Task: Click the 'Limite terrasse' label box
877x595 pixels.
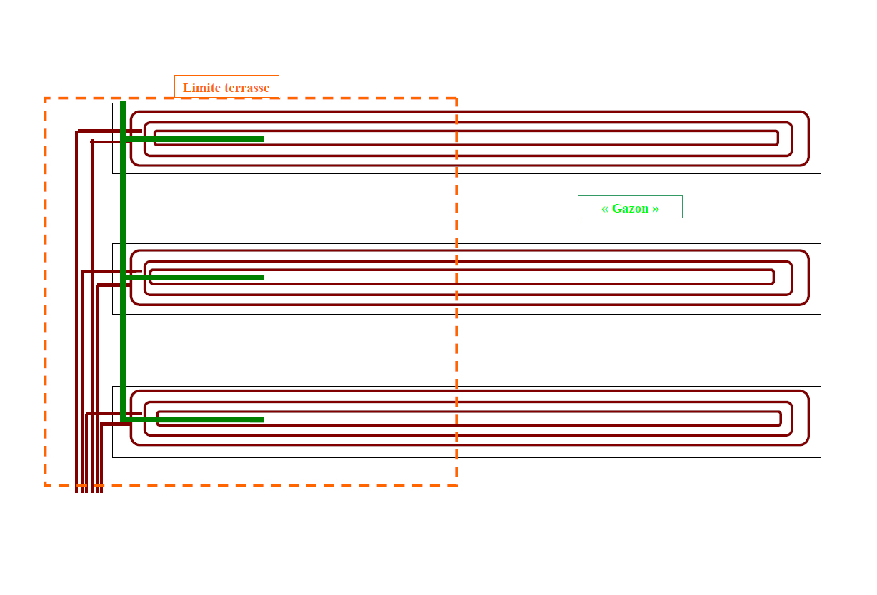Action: pyautogui.click(x=226, y=87)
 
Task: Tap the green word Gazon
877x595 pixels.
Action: pyautogui.click(x=630, y=208)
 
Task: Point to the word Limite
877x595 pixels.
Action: pyautogui.click(x=201, y=88)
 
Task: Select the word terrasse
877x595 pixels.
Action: pyautogui.click(x=246, y=88)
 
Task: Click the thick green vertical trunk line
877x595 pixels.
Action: pyautogui.click(x=124, y=214)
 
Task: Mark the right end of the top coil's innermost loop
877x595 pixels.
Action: pyautogui.click(x=778, y=138)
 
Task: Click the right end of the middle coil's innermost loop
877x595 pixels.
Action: pyautogui.click(x=773, y=277)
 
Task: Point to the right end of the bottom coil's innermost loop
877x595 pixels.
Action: pyautogui.click(x=781, y=419)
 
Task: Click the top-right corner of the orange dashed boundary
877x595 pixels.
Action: pyautogui.click(x=456, y=98)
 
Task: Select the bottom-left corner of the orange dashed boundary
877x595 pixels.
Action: pyautogui.click(x=46, y=485)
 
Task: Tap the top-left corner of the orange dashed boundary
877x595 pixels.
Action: pyautogui.click(x=46, y=98)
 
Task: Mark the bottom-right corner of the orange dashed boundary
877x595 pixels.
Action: pyautogui.click(x=456, y=485)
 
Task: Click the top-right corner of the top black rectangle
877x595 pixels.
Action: pyautogui.click(x=821, y=103)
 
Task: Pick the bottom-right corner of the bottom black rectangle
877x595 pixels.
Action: pyautogui.click(x=821, y=457)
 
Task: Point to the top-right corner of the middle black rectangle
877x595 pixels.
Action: pyautogui.click(x=821, y=244)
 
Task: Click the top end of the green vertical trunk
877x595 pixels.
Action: pyautogui.click(x=124, y=103)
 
